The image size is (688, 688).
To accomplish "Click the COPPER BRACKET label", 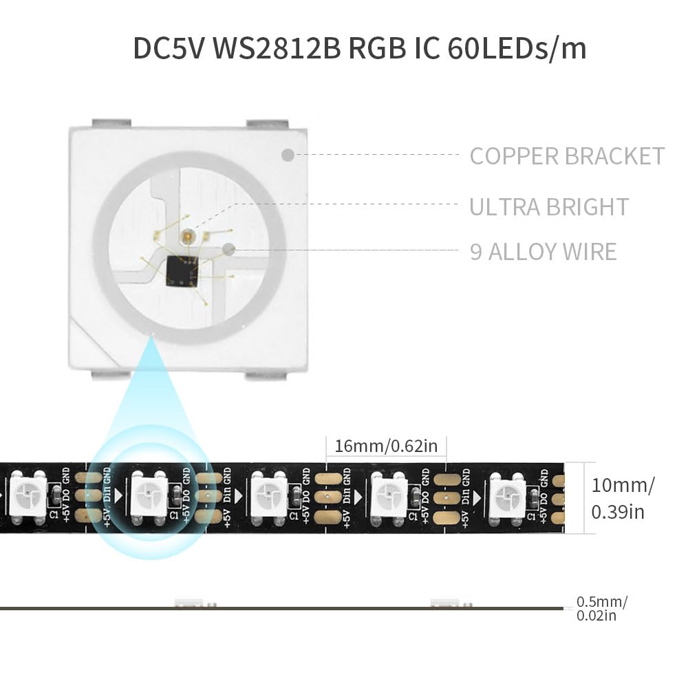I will (x=567, y=156).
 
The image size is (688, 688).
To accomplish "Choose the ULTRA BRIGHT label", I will (x=549, y=207).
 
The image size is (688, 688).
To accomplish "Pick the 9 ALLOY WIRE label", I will (x=543, y=252).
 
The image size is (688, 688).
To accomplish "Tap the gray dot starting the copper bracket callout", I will (x=288, y=155).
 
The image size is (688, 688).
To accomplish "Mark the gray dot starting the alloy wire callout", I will (x=230, y=251).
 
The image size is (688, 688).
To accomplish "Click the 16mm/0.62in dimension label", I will (x=386, y=446).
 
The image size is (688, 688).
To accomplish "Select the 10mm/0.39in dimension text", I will (x=623, y=498).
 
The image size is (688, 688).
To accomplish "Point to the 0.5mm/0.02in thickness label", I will (x=602, y=609).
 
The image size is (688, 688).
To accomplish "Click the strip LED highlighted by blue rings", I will (x=149, y=493).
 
